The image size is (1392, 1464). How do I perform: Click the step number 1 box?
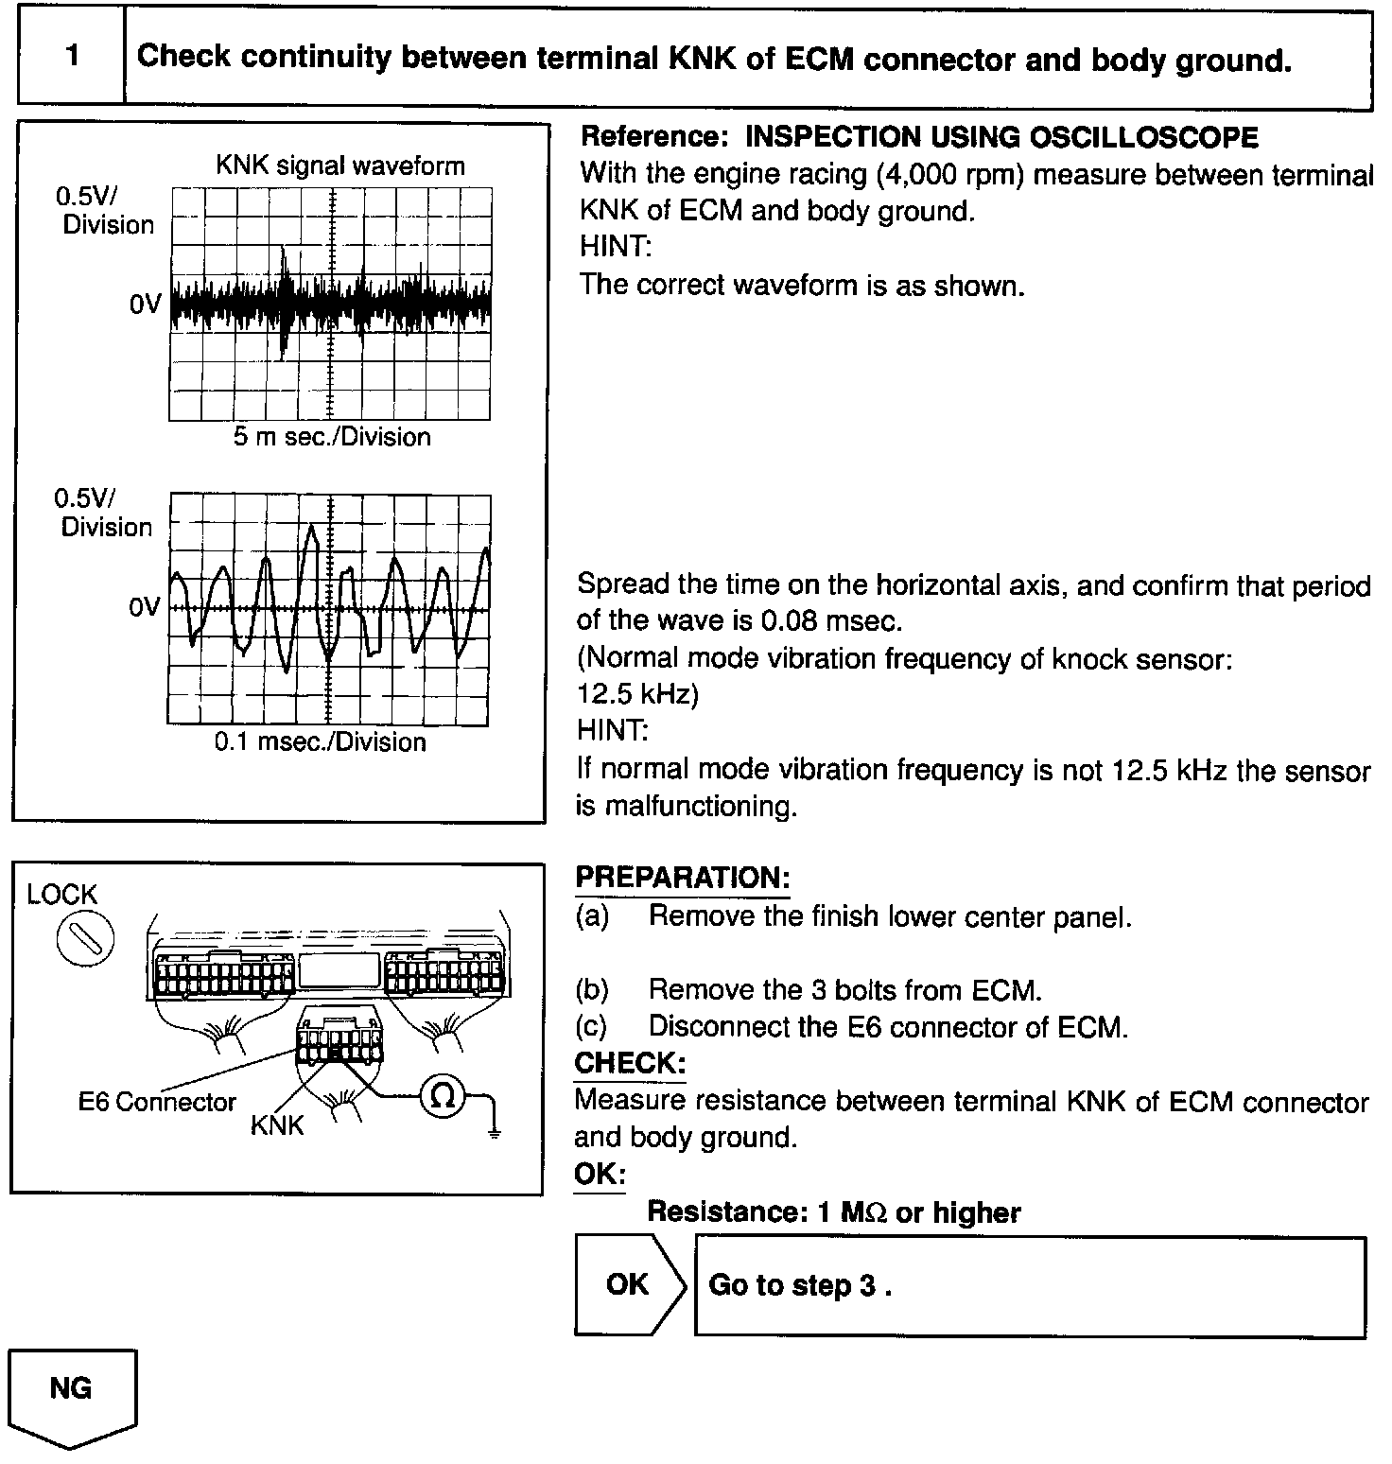coord(72,56)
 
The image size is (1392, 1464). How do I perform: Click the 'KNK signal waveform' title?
coord(340,166)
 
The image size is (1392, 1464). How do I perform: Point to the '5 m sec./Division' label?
coord(332,437)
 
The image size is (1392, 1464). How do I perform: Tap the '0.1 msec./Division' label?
coord(320,741)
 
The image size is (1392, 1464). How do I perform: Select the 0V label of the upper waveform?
coord(146,305)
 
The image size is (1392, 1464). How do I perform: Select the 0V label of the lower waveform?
coord(145,607)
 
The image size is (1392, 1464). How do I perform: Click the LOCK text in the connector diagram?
coord(62,895)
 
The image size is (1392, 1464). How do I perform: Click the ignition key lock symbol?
coord(85,942)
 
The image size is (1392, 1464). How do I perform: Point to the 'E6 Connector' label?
coord(157,1103)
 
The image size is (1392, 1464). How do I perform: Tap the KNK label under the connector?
coord(277,1125)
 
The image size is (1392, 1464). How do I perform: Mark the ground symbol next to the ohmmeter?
coord(494,1130)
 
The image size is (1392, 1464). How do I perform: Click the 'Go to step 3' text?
coord(800,1285)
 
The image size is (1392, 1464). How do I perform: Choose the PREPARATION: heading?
coord(682,878)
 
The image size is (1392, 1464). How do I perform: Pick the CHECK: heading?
coord(630,1064)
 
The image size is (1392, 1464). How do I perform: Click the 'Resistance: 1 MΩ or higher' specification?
coord(833,1212)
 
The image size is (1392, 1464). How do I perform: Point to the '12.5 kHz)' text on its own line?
coord(637,694)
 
